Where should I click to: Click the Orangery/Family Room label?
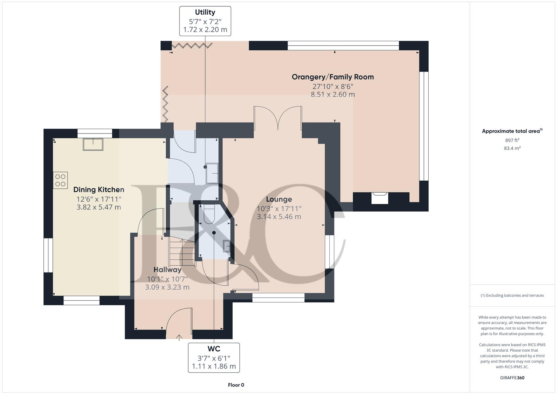(332, 77)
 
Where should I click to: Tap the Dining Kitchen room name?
(98, 190)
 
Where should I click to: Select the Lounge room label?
(279, 199)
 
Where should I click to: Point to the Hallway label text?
(167, 270)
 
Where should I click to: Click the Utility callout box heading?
(205, 12)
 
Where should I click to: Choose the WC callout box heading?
(214, 349)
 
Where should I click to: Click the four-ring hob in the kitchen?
(61, 180)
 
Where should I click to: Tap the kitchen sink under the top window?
(93, 144)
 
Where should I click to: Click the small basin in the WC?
(227, 247)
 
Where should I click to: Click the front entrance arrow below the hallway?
(179, 337)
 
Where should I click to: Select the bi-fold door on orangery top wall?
(192, 46)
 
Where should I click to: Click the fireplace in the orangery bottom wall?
(380, 198)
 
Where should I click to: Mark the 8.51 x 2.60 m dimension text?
(332, 94)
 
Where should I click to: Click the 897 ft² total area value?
(512, 140)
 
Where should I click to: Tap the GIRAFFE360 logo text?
(512, 378)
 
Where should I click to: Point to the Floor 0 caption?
(236, 385)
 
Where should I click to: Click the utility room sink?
(212, 173)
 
